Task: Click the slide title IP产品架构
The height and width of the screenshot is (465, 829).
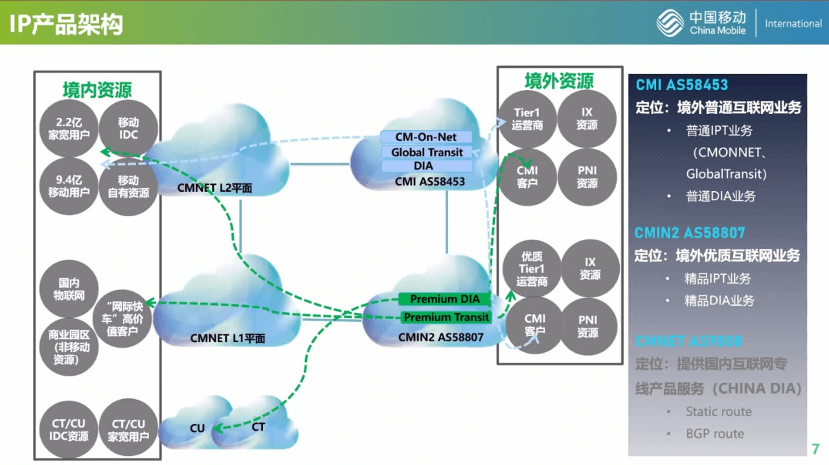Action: point(66,24)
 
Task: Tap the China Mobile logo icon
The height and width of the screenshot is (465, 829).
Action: point(670,23)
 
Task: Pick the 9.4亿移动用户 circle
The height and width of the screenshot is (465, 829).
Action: point(68,187)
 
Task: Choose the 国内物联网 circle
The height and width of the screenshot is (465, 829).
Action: point(68,289)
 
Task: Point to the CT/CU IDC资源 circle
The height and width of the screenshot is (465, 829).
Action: point(68,430)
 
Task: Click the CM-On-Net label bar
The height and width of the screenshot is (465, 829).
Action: point(426,137)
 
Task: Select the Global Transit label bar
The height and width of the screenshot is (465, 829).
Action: point(427,152)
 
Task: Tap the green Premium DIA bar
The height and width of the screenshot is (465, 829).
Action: point(445,299)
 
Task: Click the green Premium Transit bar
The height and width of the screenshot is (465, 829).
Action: point(446,317)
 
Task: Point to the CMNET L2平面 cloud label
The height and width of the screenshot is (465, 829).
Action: point(214,188)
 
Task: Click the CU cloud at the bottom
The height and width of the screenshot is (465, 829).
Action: point(197,428)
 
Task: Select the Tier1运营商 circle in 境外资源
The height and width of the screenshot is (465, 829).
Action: point(527,119)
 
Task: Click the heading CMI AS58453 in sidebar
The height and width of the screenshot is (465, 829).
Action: point(681,85)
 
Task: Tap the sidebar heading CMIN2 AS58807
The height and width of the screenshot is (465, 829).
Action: point(690,233)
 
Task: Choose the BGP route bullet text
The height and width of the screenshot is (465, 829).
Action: point(714,433)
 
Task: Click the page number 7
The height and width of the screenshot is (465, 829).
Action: point(815,449)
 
